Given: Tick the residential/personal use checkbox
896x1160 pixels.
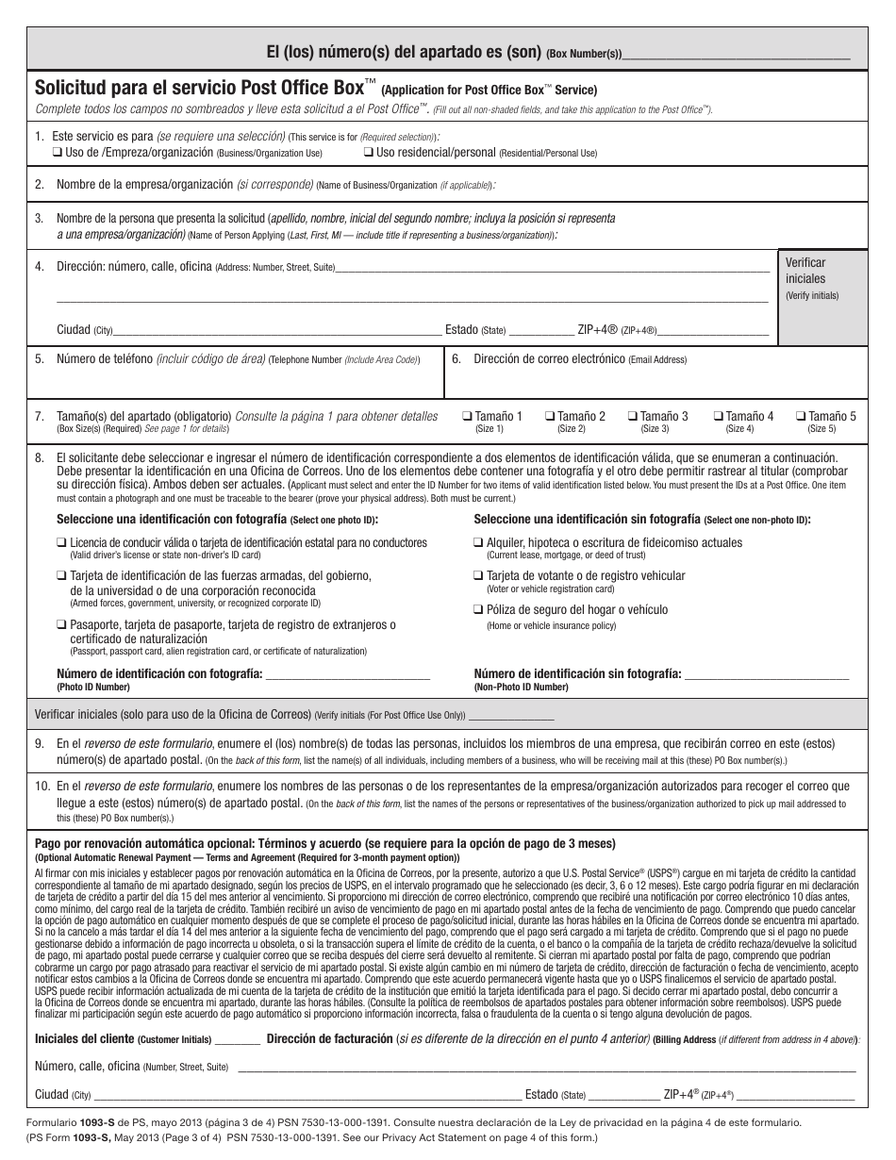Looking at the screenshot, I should tap(369, 152).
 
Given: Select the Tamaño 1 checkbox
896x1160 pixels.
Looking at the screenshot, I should tap(467, 416).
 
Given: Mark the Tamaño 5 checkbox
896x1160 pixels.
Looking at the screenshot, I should tap(800, 416).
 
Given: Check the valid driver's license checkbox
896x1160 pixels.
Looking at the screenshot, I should tap(61, 543).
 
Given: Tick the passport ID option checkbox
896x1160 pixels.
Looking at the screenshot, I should tap(61, 625).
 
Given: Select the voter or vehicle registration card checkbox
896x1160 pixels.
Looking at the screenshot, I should tap(478, 575).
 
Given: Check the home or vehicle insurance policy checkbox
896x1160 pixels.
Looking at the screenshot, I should tap(478, 610).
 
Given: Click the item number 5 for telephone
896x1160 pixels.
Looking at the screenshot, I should tap(40, 359).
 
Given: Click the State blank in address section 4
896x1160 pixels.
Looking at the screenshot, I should tap(539, 331).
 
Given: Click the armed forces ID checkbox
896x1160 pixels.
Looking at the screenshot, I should tap(61, 575).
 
